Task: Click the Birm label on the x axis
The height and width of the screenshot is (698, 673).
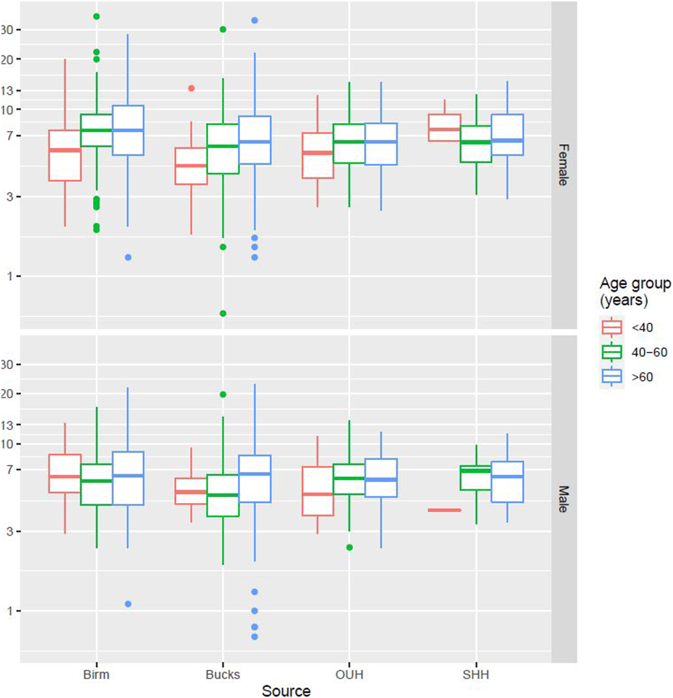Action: [x=96, y=674]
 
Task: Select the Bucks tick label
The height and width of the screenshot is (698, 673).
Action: [x=222, y=674]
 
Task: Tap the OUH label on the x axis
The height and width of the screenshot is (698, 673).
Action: [x=349, y=674]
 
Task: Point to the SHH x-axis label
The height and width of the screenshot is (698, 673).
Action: [x=476, y=674]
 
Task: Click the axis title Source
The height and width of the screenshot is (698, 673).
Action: [x=286, y=691]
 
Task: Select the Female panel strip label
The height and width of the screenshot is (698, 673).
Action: [x=563, y=165]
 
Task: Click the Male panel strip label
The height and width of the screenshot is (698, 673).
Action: [x=563, y=499]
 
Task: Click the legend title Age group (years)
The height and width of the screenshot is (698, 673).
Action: [x=635, y=291]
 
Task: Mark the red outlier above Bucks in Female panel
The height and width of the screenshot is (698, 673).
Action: [x=191, y=88]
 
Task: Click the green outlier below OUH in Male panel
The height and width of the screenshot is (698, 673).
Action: [x=349, y=548]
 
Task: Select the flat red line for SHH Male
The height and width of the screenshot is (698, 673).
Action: [x=444, y=510]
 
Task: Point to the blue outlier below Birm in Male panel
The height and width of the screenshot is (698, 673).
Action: [x=128, y=604]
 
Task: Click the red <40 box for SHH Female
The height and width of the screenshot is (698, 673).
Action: [x=444, y=128]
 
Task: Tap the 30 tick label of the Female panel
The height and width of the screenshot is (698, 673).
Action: [x=7, y=30]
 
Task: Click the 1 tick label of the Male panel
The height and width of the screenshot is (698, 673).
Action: [x=10, y=611]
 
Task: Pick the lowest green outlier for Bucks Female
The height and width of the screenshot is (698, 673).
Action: [x=223, y=313]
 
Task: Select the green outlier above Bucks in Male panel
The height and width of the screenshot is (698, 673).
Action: [x=223, y=394]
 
